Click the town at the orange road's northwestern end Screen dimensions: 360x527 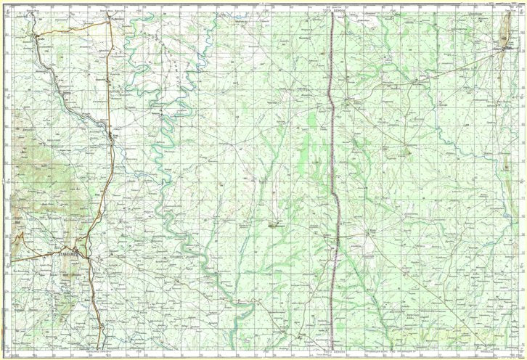click(33, 33)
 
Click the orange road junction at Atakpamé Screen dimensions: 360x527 click(85, 254)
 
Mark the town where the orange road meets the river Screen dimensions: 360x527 click(113, 134)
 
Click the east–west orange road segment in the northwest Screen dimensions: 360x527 click(73, 28)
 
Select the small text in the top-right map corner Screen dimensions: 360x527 click(501, 5)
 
